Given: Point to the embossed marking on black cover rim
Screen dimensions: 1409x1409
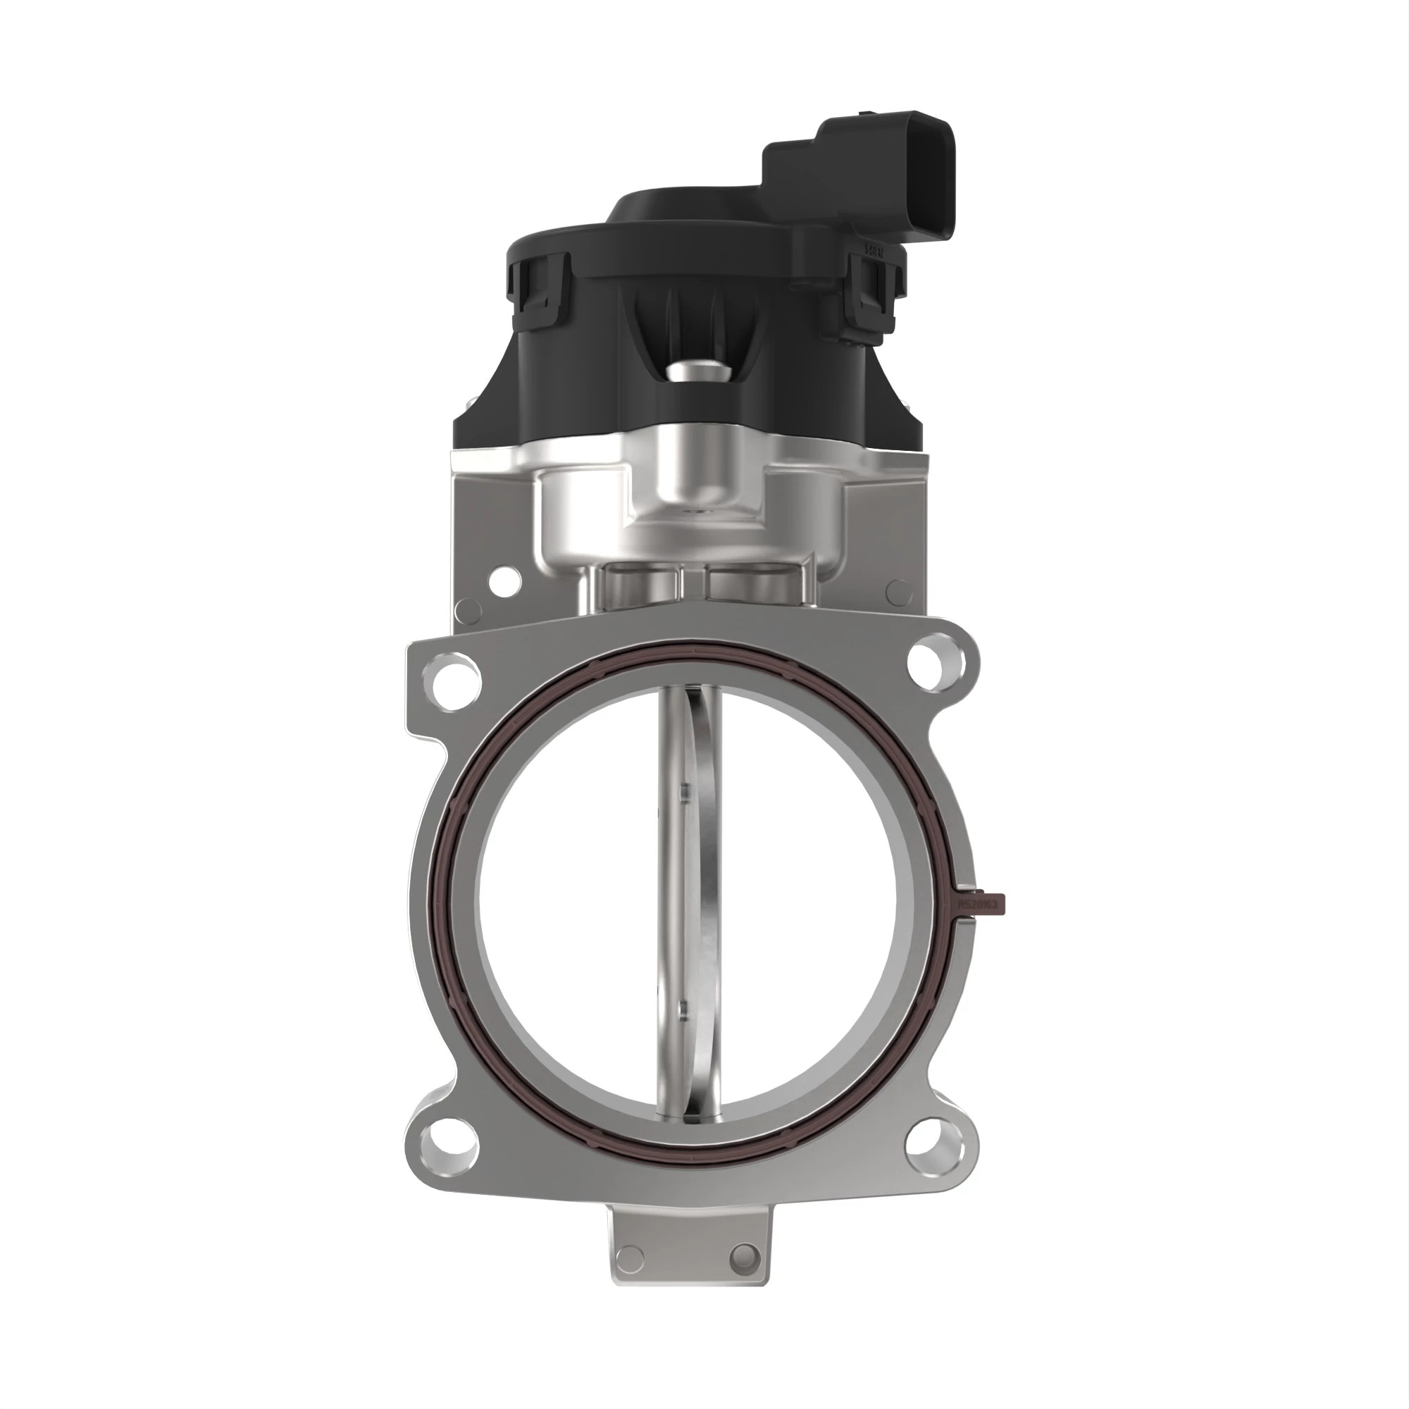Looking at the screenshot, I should point(874,249).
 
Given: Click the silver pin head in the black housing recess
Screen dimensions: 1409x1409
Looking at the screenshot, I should point(697,373).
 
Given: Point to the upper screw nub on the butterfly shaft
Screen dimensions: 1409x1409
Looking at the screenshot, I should point(683,792).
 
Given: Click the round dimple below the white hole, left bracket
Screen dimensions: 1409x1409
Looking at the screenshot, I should point(468,611).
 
